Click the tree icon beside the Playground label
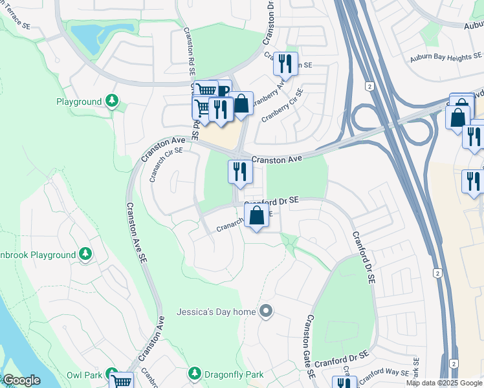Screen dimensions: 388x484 tap(113, 102)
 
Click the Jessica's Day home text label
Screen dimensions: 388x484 tap(216, 312)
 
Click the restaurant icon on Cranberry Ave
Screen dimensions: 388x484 tap(285, 65)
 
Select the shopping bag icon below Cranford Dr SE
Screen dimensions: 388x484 tap(257, 217)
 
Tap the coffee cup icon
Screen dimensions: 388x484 tap(223, 91)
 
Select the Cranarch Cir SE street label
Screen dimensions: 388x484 tap(167, 164)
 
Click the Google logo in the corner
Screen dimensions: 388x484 tap(21, 380)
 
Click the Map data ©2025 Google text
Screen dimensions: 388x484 tap(445, 383)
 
